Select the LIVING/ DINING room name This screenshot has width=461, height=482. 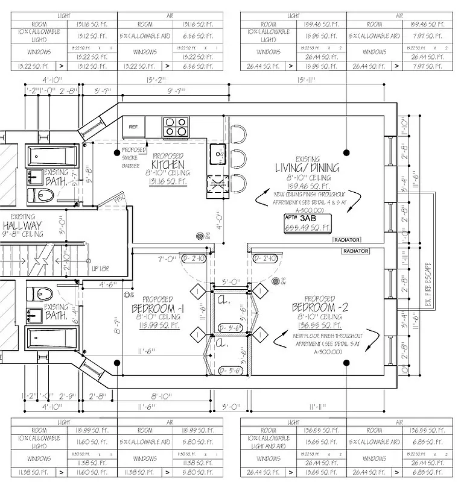[x=307, y=167]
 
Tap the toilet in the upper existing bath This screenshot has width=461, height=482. [x=42, y=195]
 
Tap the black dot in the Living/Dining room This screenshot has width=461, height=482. [x=346, y=152]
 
